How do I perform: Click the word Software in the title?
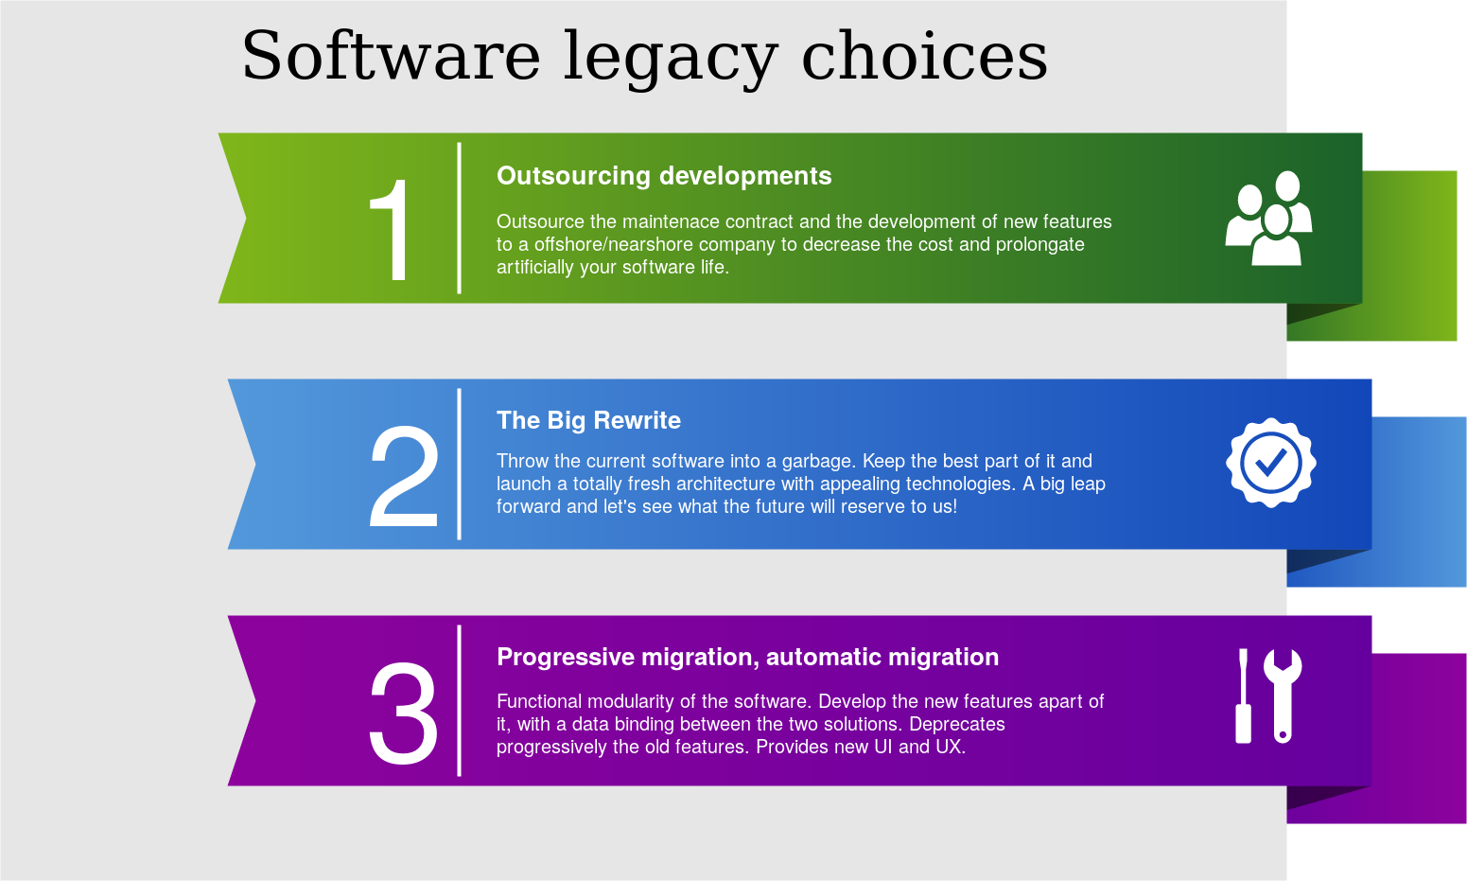pyautogui.click(x=390, y=57)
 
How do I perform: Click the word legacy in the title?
pyautogui.click(x=670, y=59)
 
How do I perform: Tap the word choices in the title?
pyautogui.click(x=924, y=57)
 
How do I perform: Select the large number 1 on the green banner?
pyautogui.click(x=391, y=230)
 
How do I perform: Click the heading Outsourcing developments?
pyautogui.click(x=664, y=176)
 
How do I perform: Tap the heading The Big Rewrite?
pyautogui.click(x=588, y=420)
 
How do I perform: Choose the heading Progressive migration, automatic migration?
pyautogui.click(x=747, y=657)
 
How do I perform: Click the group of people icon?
pyautogui.click(x=1268, y=219)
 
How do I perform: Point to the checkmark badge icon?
pyautogui.click(x=1270, y=463)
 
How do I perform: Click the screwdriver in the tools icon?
pyautogui.click(x=1244, y=696)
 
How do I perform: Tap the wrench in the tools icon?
pyautogui.click(x=1282, y=695)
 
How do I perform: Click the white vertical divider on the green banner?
pyautogui.click(x=460, y=218)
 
